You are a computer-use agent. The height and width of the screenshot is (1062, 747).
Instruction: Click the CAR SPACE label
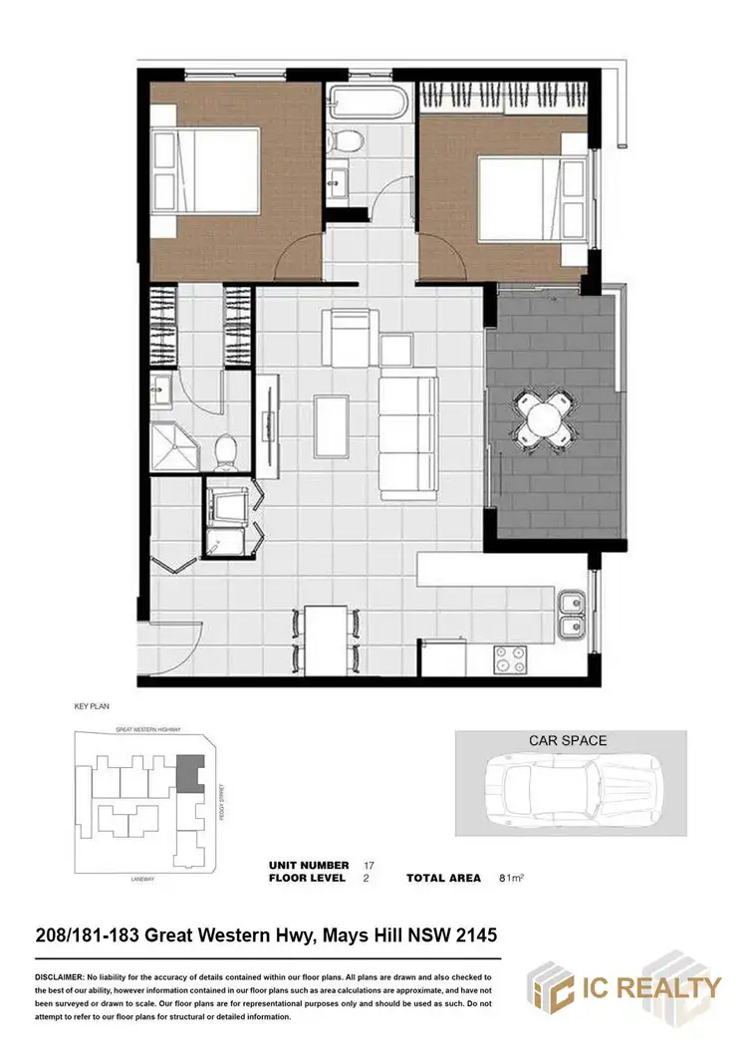(568, 741)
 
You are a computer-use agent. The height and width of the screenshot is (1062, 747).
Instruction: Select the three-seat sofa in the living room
(407, 437)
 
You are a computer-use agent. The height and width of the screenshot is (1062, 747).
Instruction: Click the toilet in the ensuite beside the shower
(226, 451)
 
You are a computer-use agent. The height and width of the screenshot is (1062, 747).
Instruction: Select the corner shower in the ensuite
(175, 446)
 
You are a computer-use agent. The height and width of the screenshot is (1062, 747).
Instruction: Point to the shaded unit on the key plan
(187, 772)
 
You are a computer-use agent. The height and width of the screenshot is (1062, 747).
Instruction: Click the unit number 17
(370, 865)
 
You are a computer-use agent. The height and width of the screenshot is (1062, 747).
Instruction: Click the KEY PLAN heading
(90, 706)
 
